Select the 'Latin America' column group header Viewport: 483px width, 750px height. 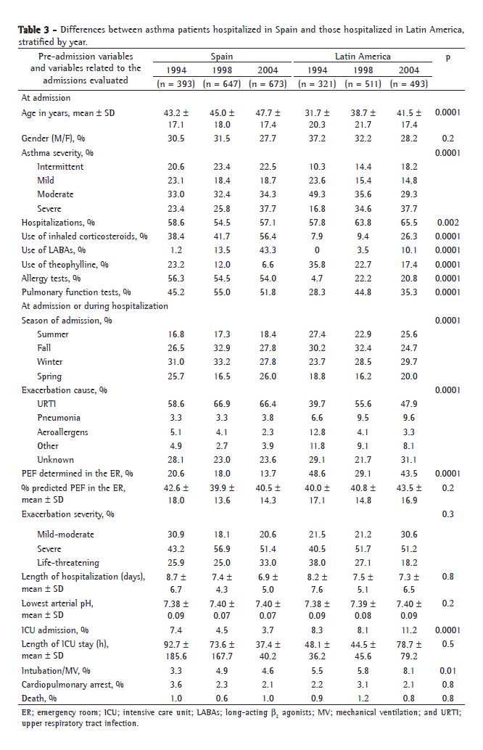coord(363,56)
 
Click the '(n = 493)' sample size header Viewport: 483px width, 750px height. coord(408,84)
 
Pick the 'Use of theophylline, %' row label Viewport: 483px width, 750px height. coord(65,264)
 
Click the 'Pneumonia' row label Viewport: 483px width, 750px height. coord(59,418)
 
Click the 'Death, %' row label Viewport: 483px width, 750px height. coord(38,698)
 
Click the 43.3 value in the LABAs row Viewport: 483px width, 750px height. coord(268,250)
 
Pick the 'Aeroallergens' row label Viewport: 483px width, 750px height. coord(65,432)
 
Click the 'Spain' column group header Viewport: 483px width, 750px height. coord(221,56)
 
